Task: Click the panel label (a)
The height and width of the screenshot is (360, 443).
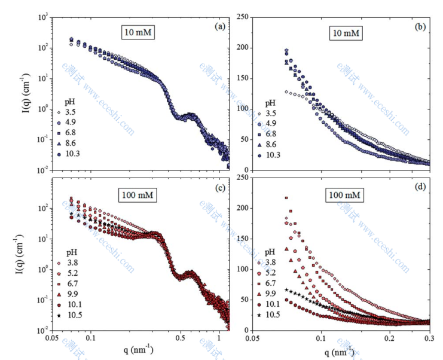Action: point(218,26)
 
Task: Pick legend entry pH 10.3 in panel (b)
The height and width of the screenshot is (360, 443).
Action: point(279,155)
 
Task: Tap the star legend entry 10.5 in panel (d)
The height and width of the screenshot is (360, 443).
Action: point(279,315)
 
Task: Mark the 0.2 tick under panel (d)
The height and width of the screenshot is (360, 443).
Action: point(389,338)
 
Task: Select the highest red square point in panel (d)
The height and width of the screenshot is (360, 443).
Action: point(286,198)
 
